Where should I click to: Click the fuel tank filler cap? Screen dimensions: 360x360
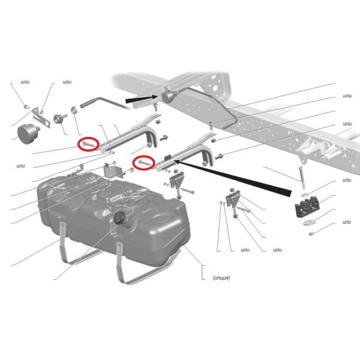point(119,217)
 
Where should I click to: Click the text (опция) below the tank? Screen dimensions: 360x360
point(221,278)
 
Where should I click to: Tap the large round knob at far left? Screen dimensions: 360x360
point(28,134)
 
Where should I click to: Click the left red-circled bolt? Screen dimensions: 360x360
point(88,144)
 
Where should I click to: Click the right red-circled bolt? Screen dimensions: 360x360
point(144,163)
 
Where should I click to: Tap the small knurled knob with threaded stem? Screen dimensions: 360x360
point(60,118)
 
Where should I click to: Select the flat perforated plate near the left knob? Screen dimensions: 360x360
point(41,118)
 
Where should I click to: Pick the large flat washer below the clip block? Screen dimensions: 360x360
point(308,223)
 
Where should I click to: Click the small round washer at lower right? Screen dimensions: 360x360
point(311,234)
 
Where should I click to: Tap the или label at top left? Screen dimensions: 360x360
point(25,82)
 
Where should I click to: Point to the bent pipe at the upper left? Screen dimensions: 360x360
point(104,103)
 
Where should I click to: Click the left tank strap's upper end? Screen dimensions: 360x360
point(62,224)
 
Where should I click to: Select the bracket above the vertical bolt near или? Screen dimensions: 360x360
point(233,198)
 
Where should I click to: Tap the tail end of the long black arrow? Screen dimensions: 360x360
point(290,193)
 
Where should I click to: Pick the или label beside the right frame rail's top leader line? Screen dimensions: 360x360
point(347,96)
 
